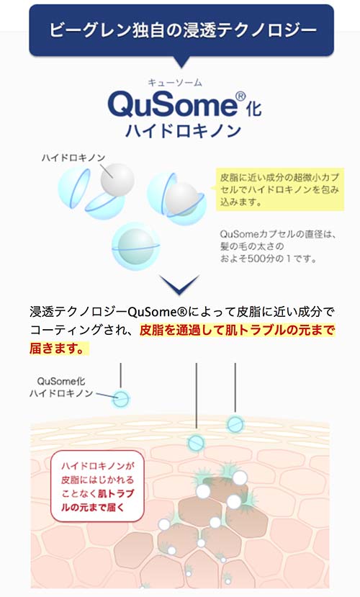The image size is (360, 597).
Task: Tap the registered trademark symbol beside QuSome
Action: tap(240, 96)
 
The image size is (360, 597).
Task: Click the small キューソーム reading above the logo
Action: tap(175, 83)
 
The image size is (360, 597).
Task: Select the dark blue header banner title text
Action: tap(183, 30)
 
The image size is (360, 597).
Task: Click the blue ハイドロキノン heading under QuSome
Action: tap(183, 130)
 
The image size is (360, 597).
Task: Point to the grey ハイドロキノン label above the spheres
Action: tap(73, 158)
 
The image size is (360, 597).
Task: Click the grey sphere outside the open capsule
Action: tap(117, 180)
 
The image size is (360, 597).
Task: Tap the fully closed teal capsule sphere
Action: tap(136, 246)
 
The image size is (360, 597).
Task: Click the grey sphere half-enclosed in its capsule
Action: tap(182, 198)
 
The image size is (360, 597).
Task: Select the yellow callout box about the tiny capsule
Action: tap(279, 189)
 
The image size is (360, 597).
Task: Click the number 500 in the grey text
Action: tap(256, 259)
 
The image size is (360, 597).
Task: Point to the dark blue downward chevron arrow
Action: tap(179, 284)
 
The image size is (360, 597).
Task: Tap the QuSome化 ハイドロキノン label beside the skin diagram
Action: tap(61, 387)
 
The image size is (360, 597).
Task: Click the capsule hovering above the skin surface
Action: tap(121, 399)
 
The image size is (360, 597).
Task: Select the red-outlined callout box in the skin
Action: tap(97, 486)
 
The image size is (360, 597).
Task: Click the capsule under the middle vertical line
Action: tap(197, 443)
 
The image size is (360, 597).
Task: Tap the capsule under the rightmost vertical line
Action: tap(235, 423)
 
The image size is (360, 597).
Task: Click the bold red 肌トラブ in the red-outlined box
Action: tap(116, 493)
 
